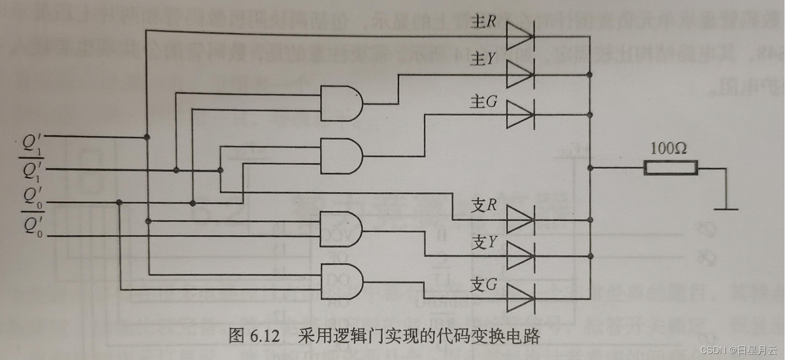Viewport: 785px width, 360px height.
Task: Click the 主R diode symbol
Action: [x=519, y=37]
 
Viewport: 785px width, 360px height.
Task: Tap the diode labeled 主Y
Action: [x=519, y=75]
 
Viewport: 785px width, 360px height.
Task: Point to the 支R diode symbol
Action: [x=519, y=220]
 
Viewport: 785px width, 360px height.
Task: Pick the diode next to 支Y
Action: [x=519, y=255]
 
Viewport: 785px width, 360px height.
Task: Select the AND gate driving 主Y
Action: [x=341, y=103]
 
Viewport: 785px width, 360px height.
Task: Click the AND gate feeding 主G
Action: [x=341, y=156]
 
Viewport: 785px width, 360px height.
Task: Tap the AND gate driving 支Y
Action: [x=341, y=229]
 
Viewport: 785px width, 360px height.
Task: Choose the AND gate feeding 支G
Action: [x=341, y=281]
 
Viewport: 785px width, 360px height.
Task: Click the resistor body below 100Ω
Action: [x=670, y=167]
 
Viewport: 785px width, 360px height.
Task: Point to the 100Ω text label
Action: [x=668, y=149]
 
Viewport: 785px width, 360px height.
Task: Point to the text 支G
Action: [x=483, y=286]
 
